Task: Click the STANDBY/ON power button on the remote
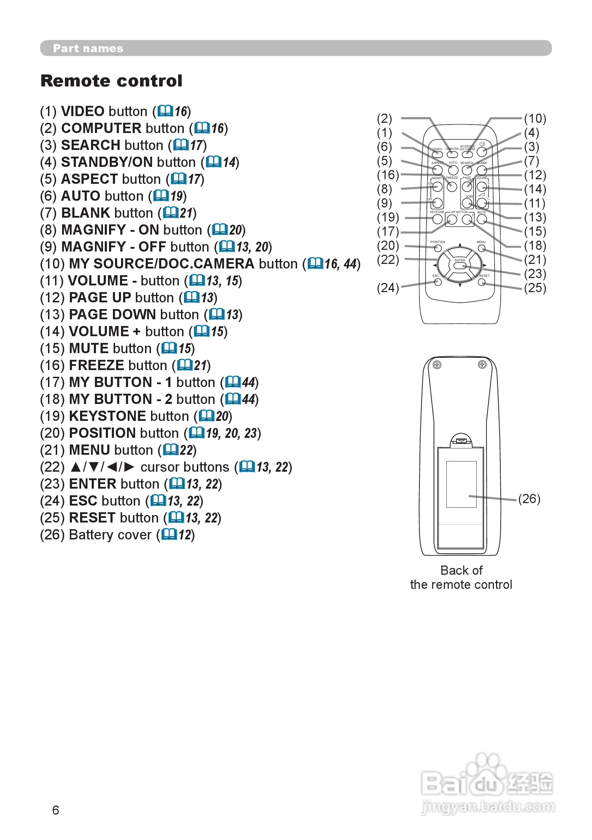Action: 482,152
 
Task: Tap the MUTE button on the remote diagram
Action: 482,219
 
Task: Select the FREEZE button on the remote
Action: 452,187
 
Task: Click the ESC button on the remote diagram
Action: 437,282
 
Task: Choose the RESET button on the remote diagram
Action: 482,282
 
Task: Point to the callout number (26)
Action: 529,498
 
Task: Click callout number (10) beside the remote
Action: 535,119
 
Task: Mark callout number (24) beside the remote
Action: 387,288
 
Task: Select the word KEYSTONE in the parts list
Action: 108,416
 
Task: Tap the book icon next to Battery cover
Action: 169,534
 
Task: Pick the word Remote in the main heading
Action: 73,81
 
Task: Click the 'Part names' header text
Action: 88,48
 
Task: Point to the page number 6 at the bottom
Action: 56,810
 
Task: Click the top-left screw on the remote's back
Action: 437,365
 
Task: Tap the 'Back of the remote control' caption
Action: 461,577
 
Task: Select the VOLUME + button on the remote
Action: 482,187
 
